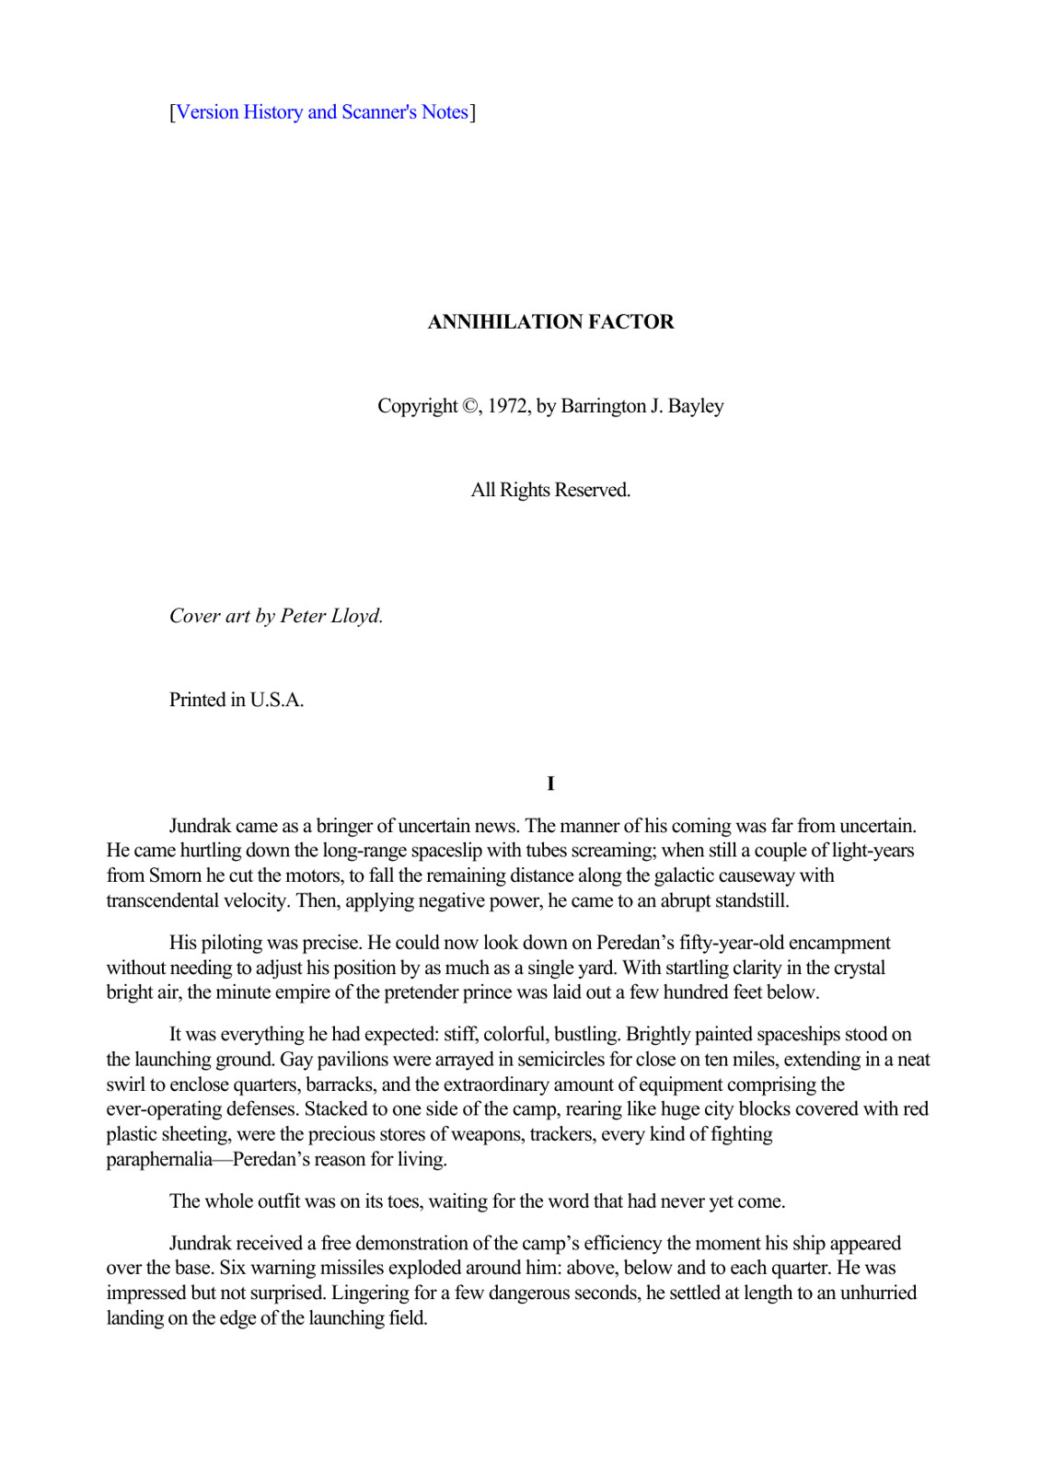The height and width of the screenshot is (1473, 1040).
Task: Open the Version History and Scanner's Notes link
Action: click(x=322, y=112)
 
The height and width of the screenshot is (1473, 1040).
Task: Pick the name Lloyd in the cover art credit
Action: click(x=356, y=616)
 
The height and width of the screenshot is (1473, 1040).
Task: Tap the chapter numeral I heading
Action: click(x=550, y=783)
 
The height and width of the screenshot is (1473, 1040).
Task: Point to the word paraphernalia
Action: click(x=159, y=1159)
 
